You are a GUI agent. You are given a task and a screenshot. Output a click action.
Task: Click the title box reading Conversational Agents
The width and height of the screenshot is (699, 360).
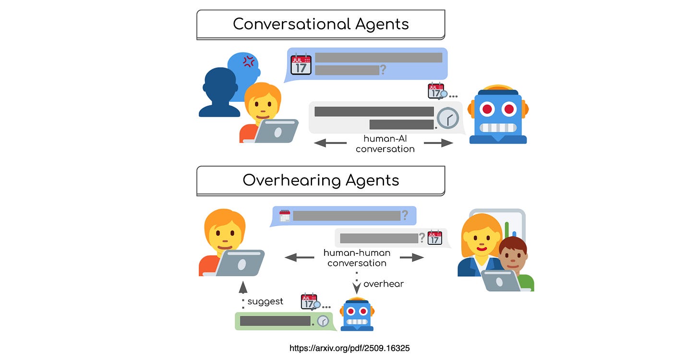pyautogui.click(x=321, y=24)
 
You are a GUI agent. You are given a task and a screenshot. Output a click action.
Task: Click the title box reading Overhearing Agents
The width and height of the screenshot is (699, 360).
pyautogui.click(x=321, y=180)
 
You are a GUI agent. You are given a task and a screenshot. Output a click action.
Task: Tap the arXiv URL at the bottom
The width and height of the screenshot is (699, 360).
pyautogui.click(x=349, y=348)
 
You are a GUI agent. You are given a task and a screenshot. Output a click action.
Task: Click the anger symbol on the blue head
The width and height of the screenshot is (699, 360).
pyautogui.click(x=248, y=61)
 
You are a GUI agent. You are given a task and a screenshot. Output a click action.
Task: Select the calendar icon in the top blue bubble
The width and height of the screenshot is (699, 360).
pyautogui.click(x=301, y=64)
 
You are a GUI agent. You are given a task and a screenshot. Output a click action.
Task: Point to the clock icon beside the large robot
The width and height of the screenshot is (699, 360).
pyautogui.click(x=448, y=118)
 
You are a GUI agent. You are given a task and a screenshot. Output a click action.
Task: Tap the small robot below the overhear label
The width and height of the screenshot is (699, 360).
pyautogui.click(x=357, y=314)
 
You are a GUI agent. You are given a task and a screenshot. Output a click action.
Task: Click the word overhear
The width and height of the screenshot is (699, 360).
pyautogui.click(x=383, y=284)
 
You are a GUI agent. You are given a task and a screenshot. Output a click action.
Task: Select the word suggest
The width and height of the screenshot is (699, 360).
pyautogui.click(x=265, y=301)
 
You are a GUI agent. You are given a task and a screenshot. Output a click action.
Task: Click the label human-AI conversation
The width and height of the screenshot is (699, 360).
pyautogui.click(x=385, y=144)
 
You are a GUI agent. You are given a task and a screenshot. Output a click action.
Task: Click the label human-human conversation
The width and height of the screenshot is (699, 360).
pyautogui.click(x=357, y=258)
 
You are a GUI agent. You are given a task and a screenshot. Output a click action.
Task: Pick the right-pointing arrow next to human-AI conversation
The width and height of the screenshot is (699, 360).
pyautogui.click(x=438, y=143)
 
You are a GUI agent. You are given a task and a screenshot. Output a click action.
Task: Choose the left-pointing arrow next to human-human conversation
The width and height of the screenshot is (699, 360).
pyautogui.click(x=300, y=258)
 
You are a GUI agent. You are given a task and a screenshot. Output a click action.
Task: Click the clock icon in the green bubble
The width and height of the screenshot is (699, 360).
pyautogui.click(x=323, y=321)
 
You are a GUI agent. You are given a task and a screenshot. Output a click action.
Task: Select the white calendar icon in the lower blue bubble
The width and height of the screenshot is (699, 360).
pyautogui.click(x=285, y=216)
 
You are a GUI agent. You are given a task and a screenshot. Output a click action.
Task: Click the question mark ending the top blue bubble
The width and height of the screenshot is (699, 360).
pyautogui.click(x=383, y=70)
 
